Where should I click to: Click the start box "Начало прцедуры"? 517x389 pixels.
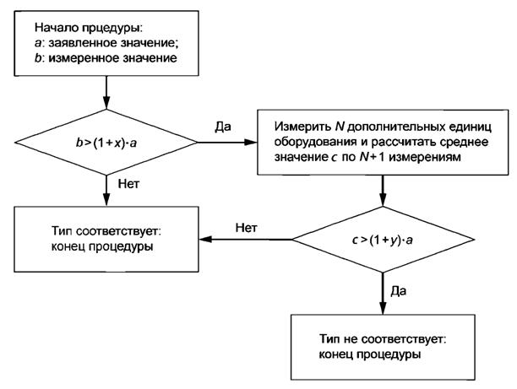click(x=105, y=41)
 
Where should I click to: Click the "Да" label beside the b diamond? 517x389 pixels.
click(x=224, y=128)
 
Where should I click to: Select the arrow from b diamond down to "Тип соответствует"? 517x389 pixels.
click(x=106, y=187)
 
